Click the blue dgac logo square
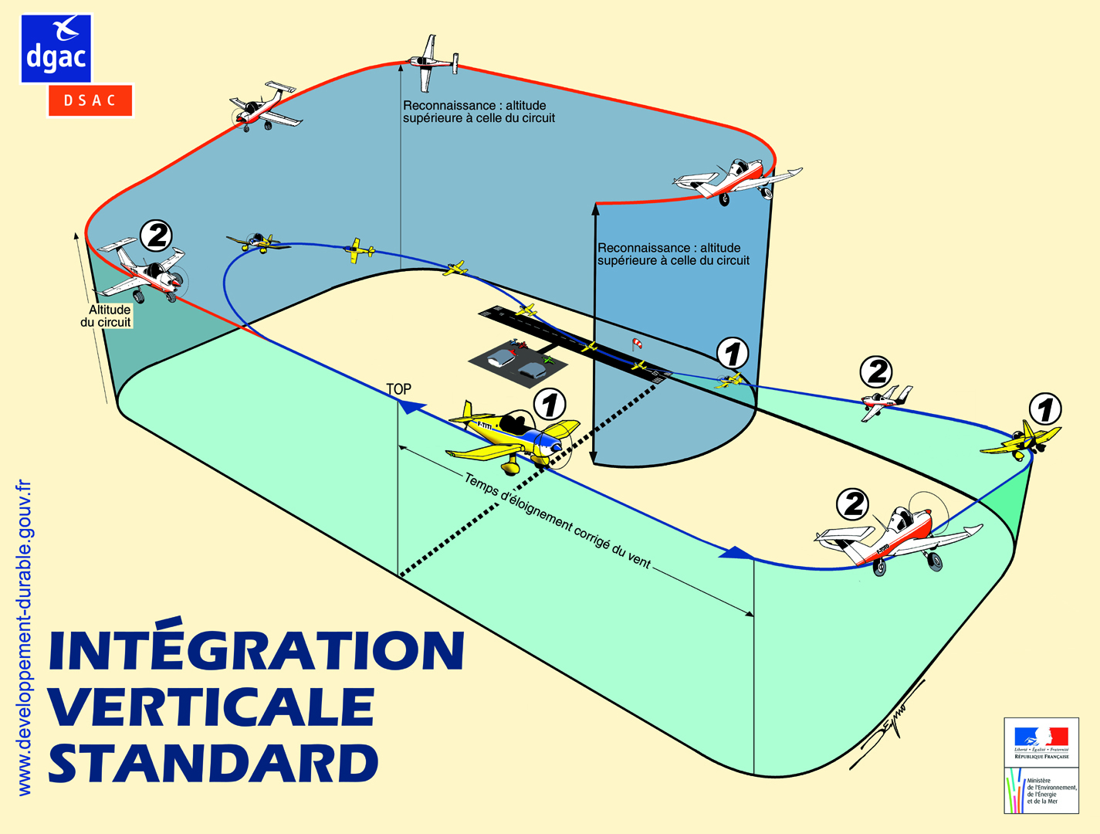click(56, 48)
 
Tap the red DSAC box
click(90, 100)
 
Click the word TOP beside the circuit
click(398, 389)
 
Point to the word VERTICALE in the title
click(212, 707)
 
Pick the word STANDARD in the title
click(214, 762)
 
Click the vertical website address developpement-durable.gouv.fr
click(24, 638)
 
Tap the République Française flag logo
click(1041, 740)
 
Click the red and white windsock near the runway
click(636, 344)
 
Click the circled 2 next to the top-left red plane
click(156, 235)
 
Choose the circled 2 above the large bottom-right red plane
click(854, 504)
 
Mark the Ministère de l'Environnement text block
click(1051, 791)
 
